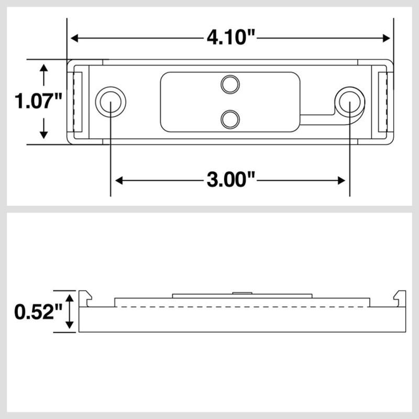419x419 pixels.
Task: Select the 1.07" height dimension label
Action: point(39,101)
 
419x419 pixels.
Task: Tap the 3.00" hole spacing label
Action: point(230,181)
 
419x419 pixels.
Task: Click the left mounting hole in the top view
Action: point(111,102)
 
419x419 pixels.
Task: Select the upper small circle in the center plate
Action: point(229,84)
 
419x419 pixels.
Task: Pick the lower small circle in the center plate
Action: point(229,119)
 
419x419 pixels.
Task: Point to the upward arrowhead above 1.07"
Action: point(44,68)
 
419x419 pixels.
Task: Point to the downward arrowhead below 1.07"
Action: point(44,135)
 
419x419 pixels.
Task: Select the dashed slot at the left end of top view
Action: point(78,102)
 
